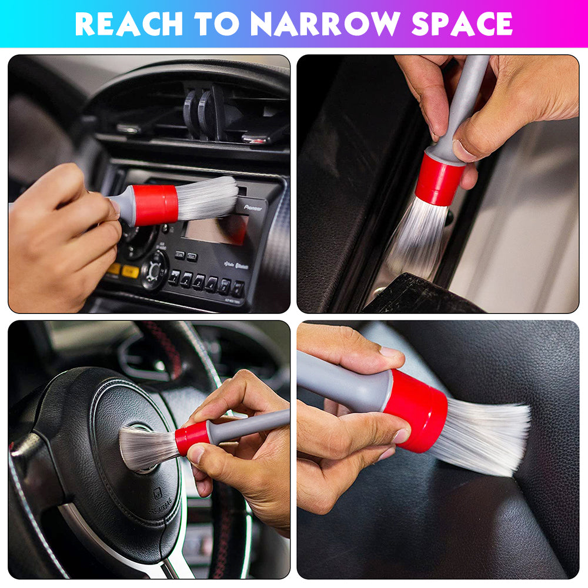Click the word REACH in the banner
[129, 24]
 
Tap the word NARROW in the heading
[326, 24]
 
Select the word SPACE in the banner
[462, 24]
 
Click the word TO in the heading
[217, 24]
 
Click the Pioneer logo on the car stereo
[253, 208]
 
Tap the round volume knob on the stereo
[154, 270]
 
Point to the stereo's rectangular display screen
[215, 229]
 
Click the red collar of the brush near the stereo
[156, 205]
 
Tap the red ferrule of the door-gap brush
[439, 179]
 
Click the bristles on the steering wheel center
[149, 448]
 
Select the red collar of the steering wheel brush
[192, 437]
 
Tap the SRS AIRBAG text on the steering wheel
[160, 506]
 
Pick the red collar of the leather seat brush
[416, 410]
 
